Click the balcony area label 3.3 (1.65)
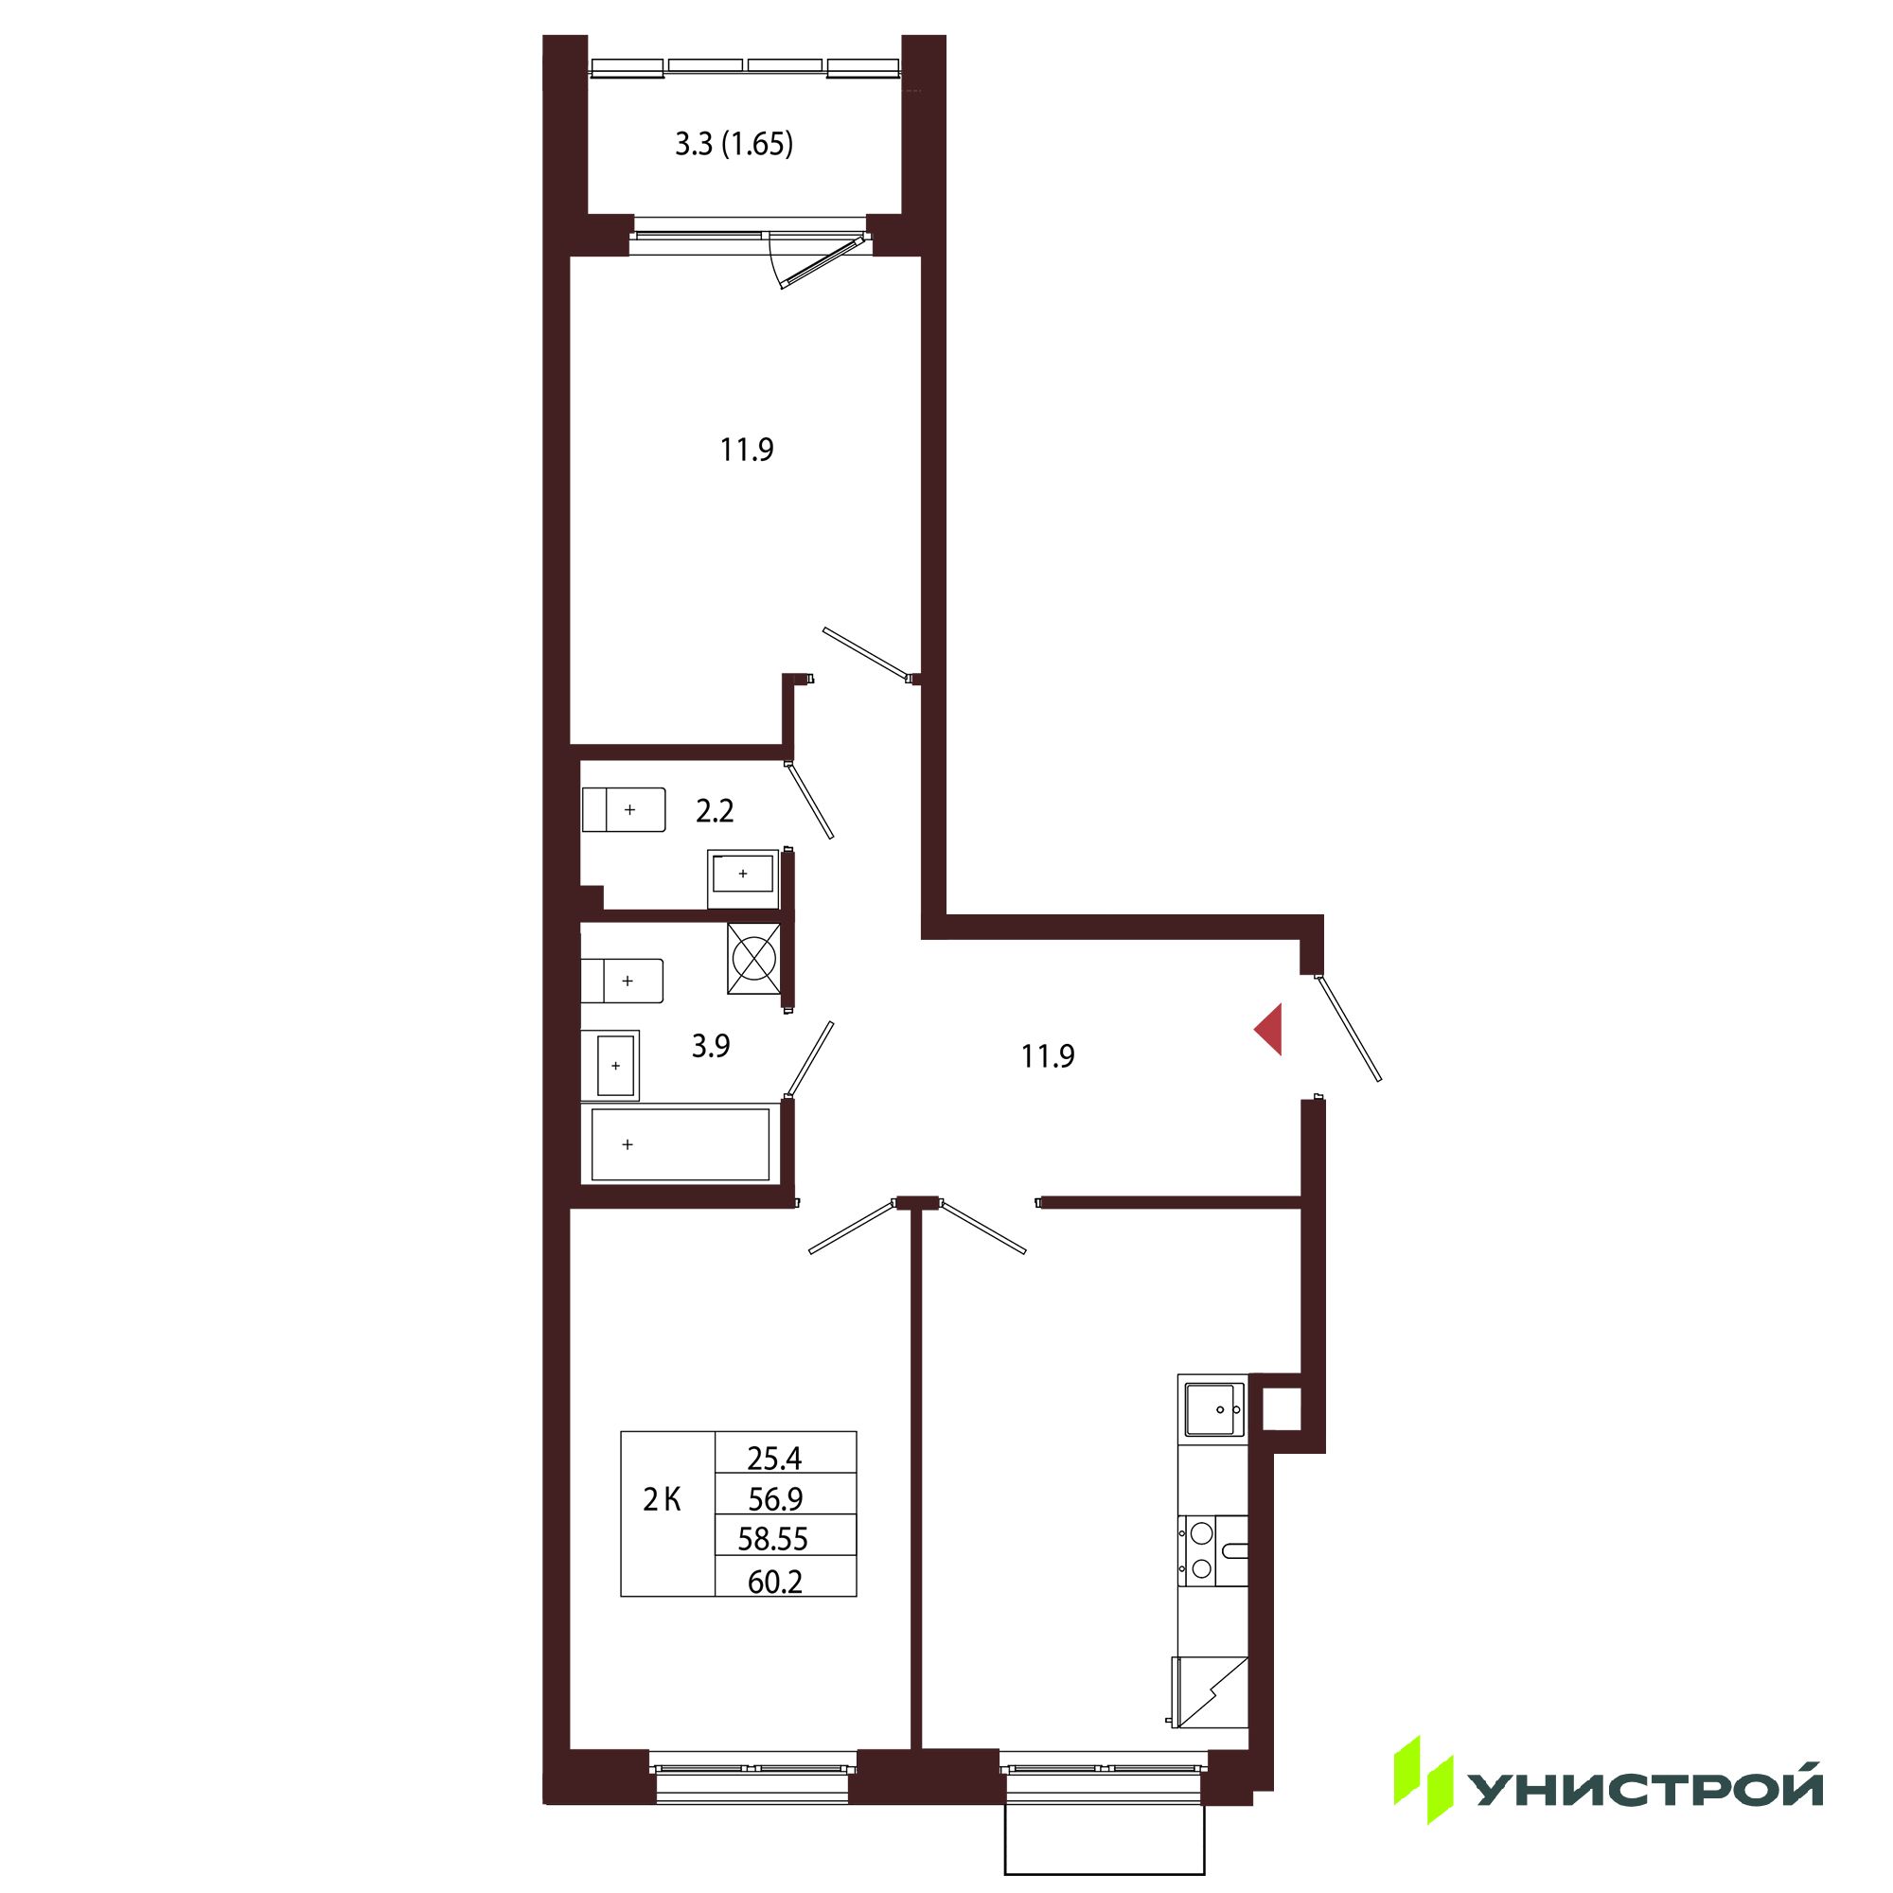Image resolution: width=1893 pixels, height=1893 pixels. point(734,145)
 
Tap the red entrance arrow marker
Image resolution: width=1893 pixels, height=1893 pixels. point(1269,1030)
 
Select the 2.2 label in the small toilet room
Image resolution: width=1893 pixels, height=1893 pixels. point(715,810)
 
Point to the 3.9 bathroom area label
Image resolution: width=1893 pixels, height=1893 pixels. point(711,1047)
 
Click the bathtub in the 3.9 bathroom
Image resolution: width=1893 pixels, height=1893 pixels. point(680,1143)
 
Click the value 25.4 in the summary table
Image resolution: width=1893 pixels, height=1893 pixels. point(774,1459)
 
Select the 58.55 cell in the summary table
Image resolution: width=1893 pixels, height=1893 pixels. point(772,1539)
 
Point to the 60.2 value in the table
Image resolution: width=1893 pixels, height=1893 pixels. point(774,1582)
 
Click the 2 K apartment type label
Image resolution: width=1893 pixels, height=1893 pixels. point(662,1499)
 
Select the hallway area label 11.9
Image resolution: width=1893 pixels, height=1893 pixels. point(1048,1056)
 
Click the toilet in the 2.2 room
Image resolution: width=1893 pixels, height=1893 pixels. point(624,810)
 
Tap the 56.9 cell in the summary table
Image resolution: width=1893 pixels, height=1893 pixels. point(774,1499)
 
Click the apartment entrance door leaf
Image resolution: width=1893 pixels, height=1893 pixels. point(1348,1028)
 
